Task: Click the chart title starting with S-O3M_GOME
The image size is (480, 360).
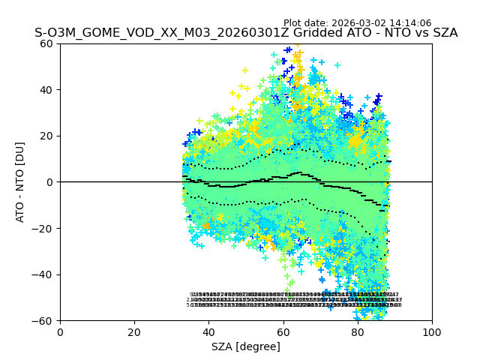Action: [x=246, y=33]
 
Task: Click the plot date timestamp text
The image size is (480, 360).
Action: [x=357, y=23]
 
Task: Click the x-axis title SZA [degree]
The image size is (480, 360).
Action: [x=246, y=346]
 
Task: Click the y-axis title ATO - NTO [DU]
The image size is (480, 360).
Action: [x=20, y=181]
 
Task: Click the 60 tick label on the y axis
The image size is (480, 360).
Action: [x=46, y=43]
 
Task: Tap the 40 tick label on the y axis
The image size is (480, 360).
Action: [x=46, y=90]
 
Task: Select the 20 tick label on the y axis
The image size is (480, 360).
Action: [x=46, y=136]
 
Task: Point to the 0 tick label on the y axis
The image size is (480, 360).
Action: [x=49, y=182]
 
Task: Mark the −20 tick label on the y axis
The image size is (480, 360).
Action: [x=43, y=228]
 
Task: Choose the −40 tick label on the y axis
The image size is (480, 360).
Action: [x=43, y=274]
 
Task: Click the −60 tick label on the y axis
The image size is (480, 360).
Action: [x=43, y=320]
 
